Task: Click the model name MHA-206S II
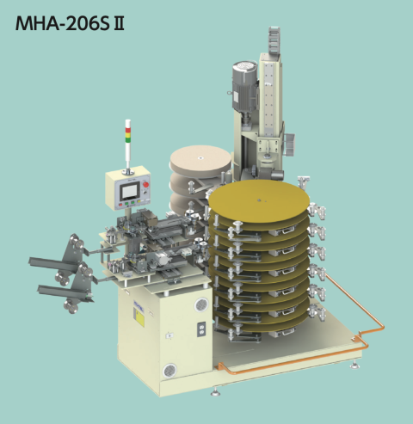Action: [70, 23]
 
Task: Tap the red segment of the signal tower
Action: [128, 130]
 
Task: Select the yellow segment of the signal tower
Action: [128, 135]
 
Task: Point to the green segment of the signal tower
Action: [128, 139]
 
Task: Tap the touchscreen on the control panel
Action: [129, 192]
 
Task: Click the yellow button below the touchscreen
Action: [139, 201]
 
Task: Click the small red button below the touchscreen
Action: [120, 205]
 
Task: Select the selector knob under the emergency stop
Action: [145, 193]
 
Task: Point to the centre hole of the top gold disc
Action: [259, 200]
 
